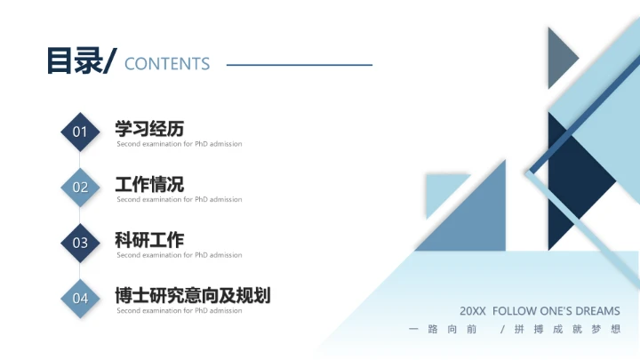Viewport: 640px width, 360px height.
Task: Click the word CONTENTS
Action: click(167, 64)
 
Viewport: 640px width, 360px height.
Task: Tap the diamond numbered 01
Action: click(80, 132)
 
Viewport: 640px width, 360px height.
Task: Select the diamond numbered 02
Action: click(80, 188)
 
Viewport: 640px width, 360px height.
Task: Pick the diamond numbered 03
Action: click(80, 243)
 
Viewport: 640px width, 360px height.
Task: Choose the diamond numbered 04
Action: click(80, 299)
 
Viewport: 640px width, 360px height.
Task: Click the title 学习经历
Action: click(149, 129)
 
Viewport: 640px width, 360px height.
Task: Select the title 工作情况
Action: click(149, 184)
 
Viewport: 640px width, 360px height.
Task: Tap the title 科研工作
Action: click(149, 240)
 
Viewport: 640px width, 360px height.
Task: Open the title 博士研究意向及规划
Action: click(193, 295)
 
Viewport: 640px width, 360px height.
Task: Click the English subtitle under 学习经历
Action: click(179, 144)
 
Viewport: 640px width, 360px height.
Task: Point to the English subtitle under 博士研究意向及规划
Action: click(179, 311)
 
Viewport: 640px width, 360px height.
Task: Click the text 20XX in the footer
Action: click(473, 311)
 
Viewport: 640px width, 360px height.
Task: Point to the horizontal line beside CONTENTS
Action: click(299, 64)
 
